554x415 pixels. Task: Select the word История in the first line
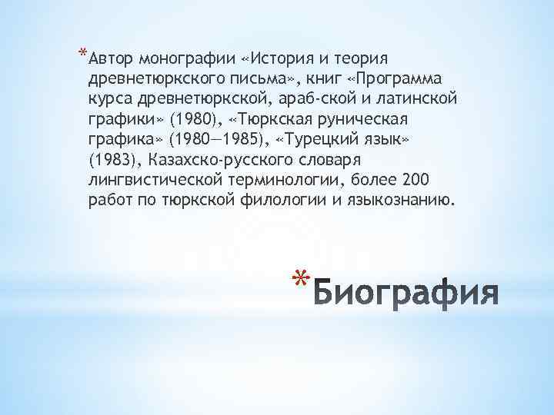click(x=282, y=60)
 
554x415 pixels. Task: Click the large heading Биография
click(x=407, y=292)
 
